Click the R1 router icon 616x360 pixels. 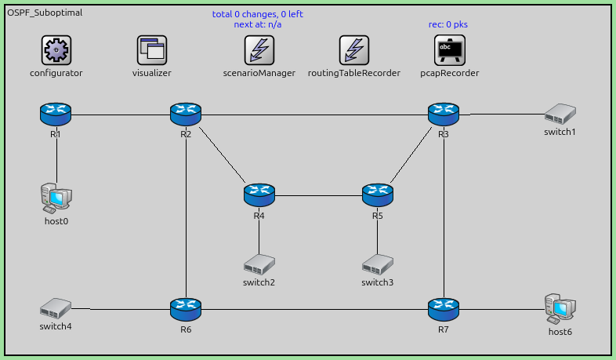click(56, 115)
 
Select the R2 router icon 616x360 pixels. click(186, 115)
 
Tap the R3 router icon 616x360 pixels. click(444, 115)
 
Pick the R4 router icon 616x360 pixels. click(259, 195)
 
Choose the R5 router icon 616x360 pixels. click(378, 195)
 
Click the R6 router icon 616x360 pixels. click(186, 309)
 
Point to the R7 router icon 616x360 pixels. click(444, 309)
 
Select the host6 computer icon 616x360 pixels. click(560, 308)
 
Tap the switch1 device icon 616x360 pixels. click(560, 114)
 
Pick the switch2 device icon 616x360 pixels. click(259, 264)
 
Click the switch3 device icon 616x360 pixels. click(378, 264)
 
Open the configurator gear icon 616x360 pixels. click(56, 51)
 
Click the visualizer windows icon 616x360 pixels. click(152, 51)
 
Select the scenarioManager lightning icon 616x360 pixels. click(259, 51)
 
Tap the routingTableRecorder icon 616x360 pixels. click(354, 51)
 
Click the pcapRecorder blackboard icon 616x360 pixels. click(449, 51)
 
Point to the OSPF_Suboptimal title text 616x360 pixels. click(45, 13)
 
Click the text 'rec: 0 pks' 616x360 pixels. click(448, 24)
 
